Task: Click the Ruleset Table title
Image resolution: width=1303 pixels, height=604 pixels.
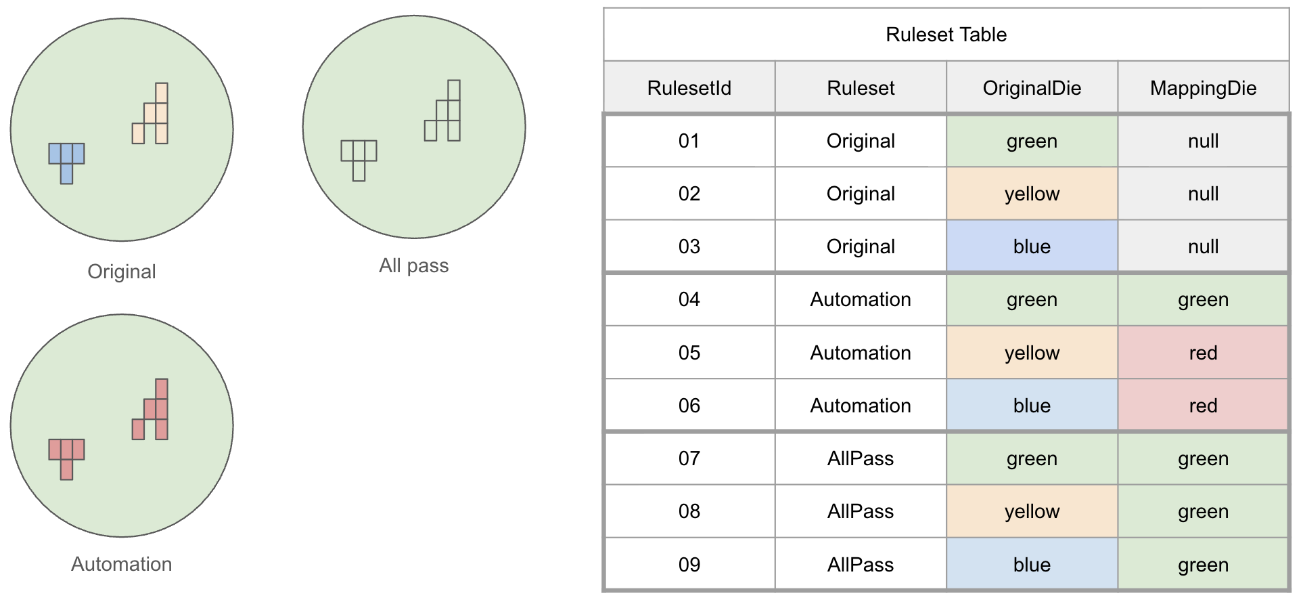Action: click(x=946, y=35)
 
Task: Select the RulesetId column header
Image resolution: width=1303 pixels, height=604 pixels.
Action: click(x=689, y=88)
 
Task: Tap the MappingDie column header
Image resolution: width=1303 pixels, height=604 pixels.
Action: click(x=1203, y=88)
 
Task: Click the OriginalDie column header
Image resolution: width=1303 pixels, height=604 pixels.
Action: click(x=1032, y=88)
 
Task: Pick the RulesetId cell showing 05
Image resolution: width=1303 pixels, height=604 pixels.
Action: click(x=689, y=353)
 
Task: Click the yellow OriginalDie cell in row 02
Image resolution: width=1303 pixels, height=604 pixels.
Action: click(x=1032, y=194)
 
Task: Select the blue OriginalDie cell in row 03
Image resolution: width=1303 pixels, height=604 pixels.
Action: click(x=1032, y=246)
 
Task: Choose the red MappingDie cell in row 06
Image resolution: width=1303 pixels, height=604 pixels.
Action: click(x=1203, y=406)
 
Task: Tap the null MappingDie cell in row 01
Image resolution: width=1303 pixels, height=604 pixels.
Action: click(x=1203, y=141)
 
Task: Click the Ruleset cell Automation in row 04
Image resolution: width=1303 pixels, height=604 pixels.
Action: click(x=861, y=299)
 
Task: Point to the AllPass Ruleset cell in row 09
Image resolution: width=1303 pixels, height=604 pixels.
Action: click(x=861, y=565)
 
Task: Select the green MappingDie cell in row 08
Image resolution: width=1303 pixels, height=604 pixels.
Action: click(x=1203, y=511)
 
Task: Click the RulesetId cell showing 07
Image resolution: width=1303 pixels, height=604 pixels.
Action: click(x=689, y=458)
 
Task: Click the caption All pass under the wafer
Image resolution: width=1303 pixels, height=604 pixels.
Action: click(x=413, y=265)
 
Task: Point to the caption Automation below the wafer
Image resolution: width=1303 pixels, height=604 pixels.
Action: click(x=122, y=564)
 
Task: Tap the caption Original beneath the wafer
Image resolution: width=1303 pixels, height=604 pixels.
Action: click(x=122, y=272)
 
